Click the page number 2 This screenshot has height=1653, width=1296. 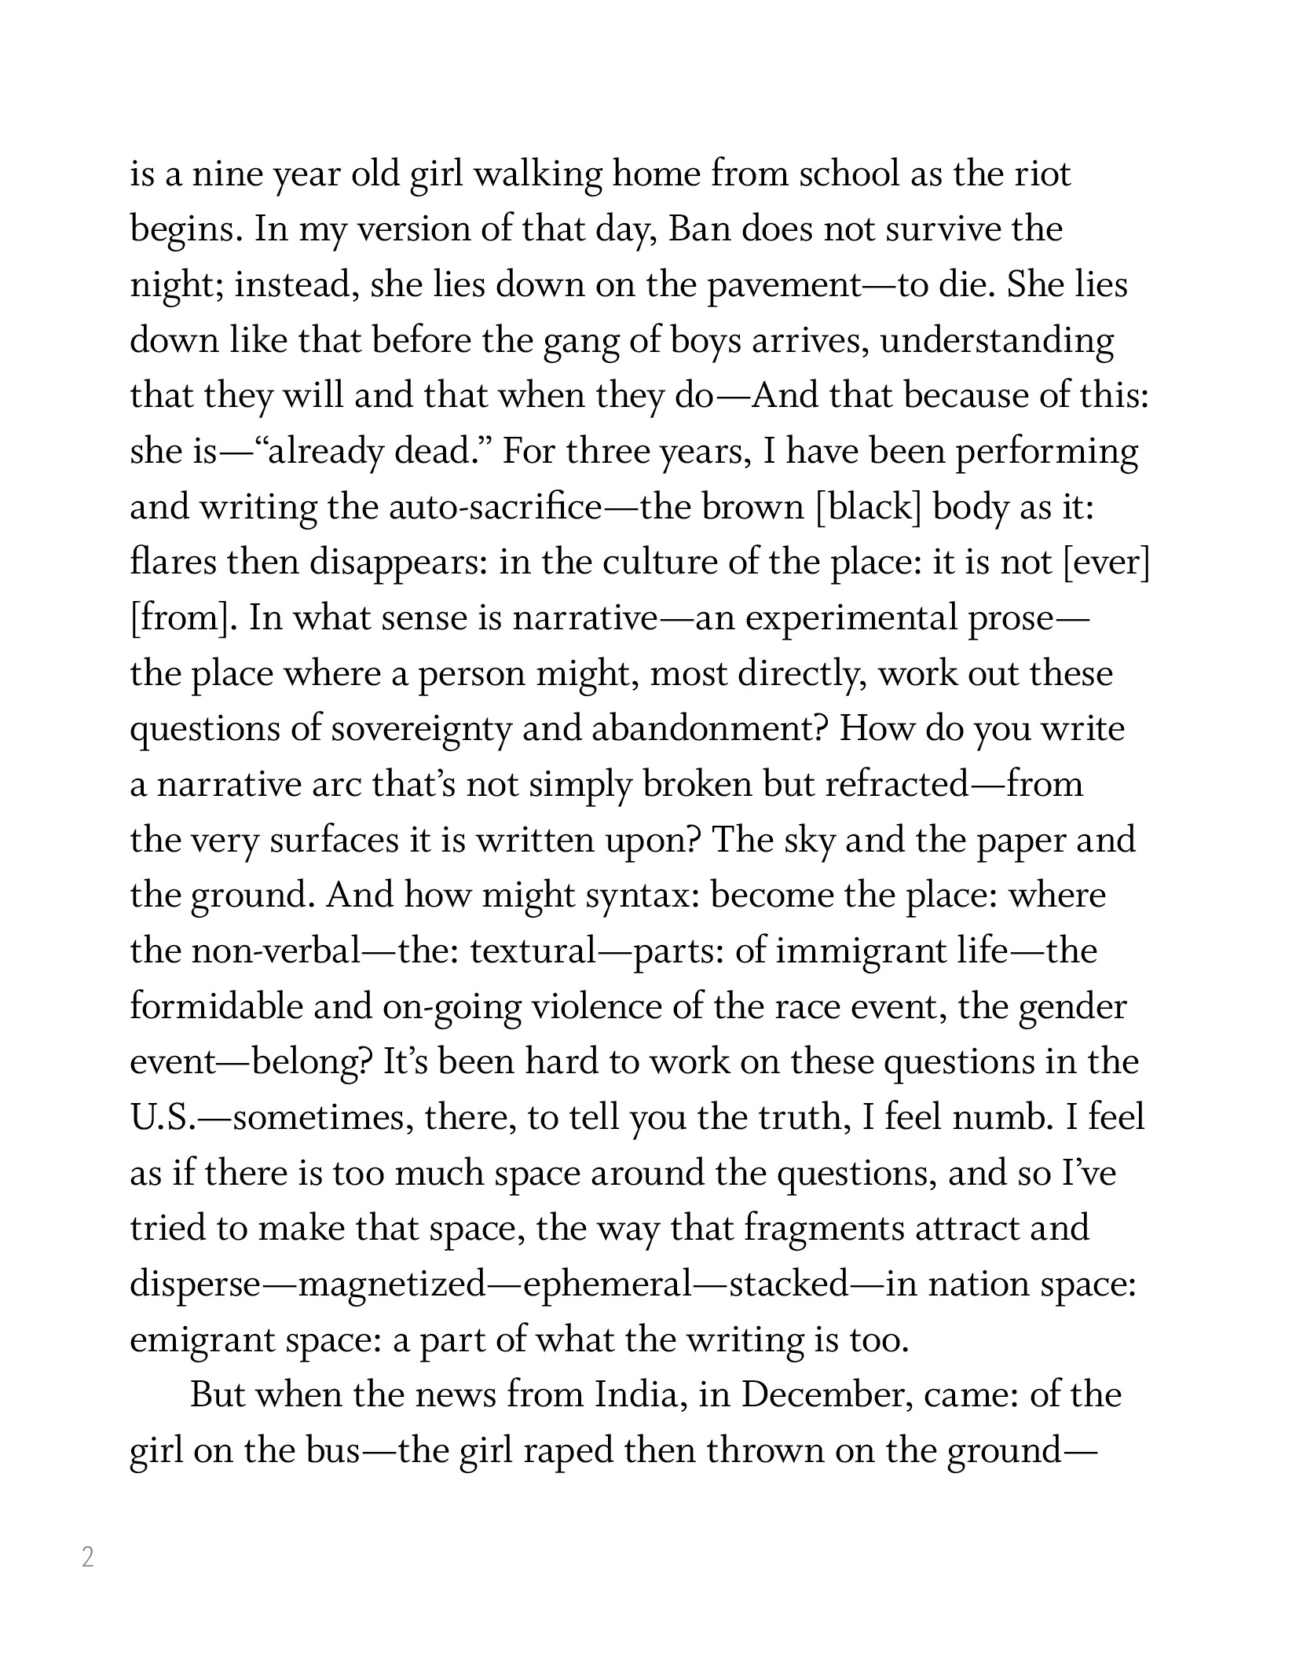pyautogui.click(x=88, y=1556)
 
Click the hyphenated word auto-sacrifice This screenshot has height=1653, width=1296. pyautogui.click(x=494, y=508)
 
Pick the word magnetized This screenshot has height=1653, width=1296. pyautogui.click(x=393, y=1285)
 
